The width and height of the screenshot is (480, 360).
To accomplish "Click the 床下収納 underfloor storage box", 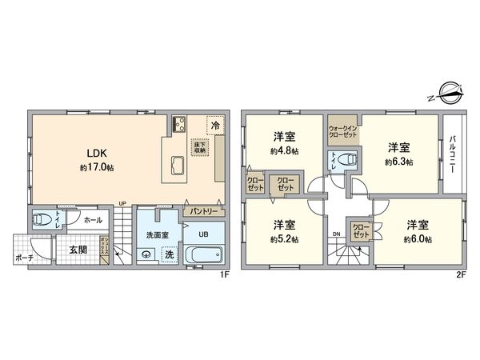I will coord(198,146).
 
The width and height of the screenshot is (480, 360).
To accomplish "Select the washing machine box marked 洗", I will coord(169,254).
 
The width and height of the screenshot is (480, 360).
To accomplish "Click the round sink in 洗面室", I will coord(146,255).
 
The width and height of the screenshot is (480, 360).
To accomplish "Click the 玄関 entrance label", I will coord(77,249).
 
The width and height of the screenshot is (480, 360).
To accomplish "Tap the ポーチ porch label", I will coord(25,258).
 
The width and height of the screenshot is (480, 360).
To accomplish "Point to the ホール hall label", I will coord(92,219).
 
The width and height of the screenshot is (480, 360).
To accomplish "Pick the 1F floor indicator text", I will coord(226,274).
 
